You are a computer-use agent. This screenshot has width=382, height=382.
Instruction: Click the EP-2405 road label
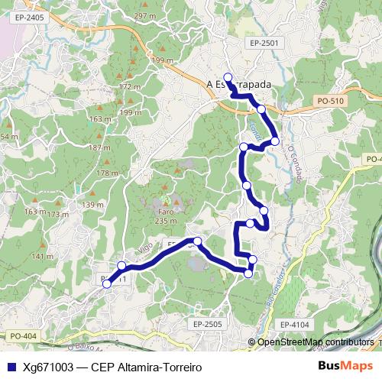tap(29, 16)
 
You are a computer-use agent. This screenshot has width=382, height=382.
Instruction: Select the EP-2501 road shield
tap(264, 44)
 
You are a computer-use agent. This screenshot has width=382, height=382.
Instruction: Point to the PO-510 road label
tap(330, 100)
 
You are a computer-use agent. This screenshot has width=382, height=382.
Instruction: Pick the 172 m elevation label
tap(129, 87)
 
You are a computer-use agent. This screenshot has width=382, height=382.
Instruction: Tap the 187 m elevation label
tap(100, 147)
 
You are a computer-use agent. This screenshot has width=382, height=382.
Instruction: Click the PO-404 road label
tap(24, 335)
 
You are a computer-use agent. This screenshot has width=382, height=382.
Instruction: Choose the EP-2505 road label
tap(207, 325)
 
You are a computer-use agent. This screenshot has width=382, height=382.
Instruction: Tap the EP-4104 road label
tap(294, 325)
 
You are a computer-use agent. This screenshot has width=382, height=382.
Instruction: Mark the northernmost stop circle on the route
tap(228, 76)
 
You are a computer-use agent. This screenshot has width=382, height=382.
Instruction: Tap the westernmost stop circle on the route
tap(107, 283)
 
